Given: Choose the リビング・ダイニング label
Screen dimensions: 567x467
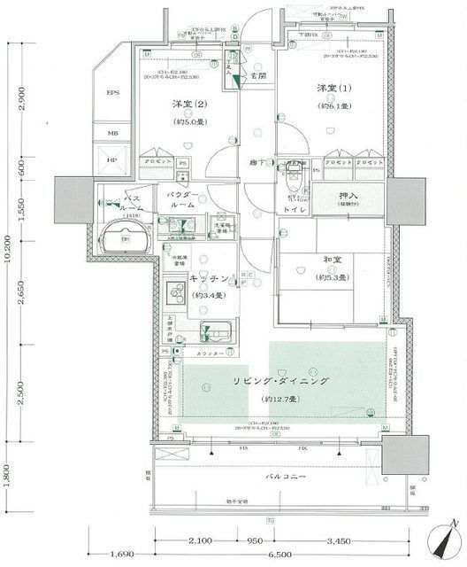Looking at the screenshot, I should [x=281, y=381].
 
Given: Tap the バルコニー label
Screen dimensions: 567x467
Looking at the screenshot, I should [x=287, y=477].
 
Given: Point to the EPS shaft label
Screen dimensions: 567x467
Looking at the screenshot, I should [x=113, y=92].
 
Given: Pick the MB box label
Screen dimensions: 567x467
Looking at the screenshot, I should [x=113, y=134].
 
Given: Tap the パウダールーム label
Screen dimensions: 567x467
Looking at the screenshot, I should [x=183, y=198].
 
